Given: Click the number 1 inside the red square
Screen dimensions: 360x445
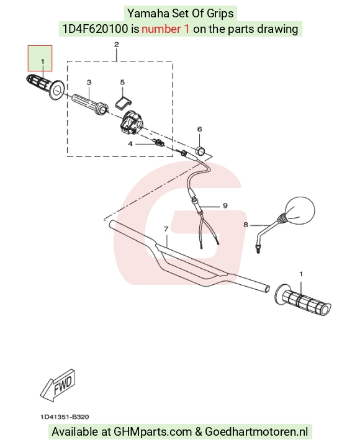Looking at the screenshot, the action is pyautogui.click(x=43, y=61).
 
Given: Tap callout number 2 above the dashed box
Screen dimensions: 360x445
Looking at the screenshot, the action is pyautogui.click(x=117, y=45).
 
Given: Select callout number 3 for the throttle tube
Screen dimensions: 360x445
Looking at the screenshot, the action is pyautogui.click(x=89, y=83).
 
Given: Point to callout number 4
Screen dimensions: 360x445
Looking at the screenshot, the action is pyautogui.click(x=130, y=144).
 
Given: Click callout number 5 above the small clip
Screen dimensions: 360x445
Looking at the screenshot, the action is pyautogui.click(x=122, y=83).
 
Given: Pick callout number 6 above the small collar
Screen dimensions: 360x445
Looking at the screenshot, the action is pyautogui.click(x=200, y=129).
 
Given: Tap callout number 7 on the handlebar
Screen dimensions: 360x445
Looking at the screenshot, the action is pyautogui.click(x=166, y=229).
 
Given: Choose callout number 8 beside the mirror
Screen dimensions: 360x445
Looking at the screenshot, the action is pyautogui.click(x=246, y=225).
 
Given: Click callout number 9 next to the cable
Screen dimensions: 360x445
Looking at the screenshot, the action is pyautogui.click(x=225, y=205).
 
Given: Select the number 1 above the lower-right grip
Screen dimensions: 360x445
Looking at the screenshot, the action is pyautogui.click(x=301, y=274).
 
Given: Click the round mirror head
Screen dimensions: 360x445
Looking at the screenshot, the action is pyautogui.click(x=300, y=210).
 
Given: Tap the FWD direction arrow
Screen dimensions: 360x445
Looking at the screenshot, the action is pyautogui.click(x=57, y=385).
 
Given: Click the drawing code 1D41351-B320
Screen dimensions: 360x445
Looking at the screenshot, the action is pyautogui.click(x=65, y=416).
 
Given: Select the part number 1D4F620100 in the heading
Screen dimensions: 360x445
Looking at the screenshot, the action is pyautogui.click(x=95, y=29).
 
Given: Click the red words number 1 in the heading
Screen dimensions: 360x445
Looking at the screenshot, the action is pyautogui.click(x=165, y=29).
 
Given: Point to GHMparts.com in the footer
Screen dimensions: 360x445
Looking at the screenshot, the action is pyautogui.click(x=153, y=432).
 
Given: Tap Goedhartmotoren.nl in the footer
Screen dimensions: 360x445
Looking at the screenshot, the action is pyautogui.click(x=256, y=432).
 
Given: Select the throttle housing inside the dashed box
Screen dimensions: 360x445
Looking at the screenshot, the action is pyautogui.click(x=131, y=122).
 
